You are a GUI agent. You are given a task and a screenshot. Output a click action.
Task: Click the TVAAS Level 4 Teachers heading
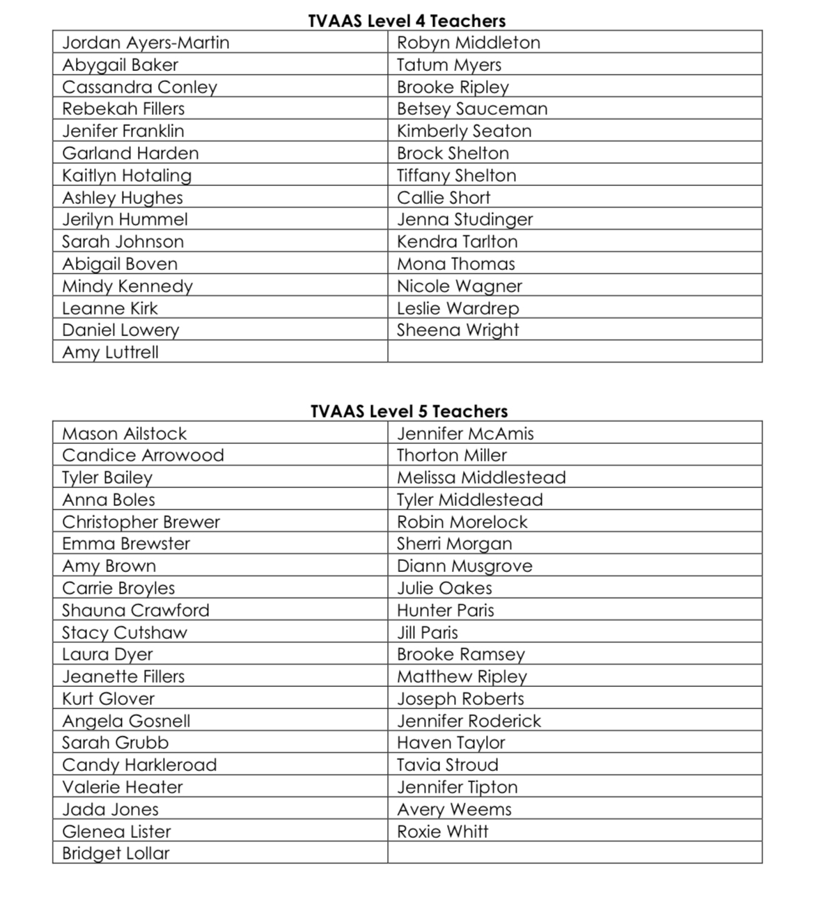(407, 21)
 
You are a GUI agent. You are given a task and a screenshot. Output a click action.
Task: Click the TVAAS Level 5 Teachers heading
(409, 411)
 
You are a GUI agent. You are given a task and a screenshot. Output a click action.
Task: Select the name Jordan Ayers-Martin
(146, 42)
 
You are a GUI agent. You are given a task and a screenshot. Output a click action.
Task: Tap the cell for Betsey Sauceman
(472, 109)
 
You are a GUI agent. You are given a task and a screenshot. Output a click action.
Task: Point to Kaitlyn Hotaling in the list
(127, 175)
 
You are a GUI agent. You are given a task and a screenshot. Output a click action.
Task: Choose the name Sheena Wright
(458, 330)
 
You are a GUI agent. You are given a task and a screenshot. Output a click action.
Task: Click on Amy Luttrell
(110, 352)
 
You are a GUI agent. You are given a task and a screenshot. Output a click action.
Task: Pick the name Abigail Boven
(120, 264)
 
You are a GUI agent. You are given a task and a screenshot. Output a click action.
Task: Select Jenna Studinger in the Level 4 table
(464, 219)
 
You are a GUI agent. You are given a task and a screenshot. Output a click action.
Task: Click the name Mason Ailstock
(124, 434)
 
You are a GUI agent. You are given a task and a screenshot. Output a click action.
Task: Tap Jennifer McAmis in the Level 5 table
(465, 434)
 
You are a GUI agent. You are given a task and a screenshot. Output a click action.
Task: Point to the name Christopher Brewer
(141, 522)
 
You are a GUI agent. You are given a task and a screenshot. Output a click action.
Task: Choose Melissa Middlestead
(481, 477)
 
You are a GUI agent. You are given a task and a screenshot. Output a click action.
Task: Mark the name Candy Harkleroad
(139, 765)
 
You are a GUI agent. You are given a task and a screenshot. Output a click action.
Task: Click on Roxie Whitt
(442, 832)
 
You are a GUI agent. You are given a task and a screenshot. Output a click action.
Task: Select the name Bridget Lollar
(116, 853)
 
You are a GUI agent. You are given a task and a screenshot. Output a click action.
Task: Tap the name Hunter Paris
(445, 610)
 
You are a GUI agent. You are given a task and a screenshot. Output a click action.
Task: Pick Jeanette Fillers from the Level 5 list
(123, 676)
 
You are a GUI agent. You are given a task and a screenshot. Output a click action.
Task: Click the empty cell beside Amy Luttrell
(574, 352)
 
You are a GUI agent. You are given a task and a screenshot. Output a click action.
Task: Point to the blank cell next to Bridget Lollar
(574, 853)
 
